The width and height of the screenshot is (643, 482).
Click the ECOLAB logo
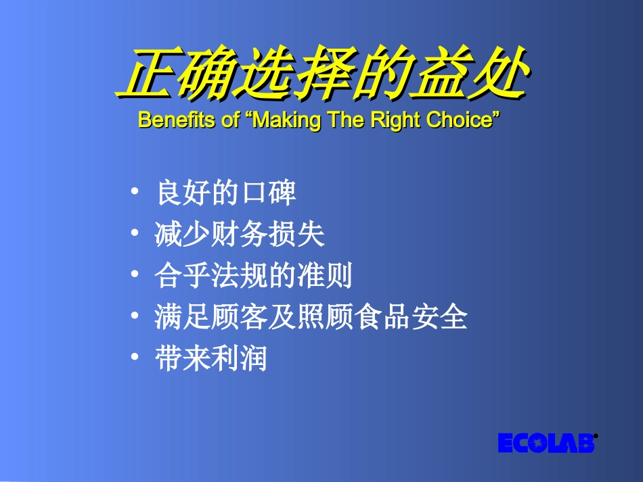pyautogui.click(x=546, y=443)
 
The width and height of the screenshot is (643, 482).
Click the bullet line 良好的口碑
pyautogui.click(x=226, y=194)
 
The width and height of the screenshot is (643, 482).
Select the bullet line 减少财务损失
pyautogui.click(x=240, y=235)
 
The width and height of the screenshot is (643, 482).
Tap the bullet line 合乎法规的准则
pyautogui.click(x=253, y=276)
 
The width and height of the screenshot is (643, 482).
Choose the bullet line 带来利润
pyautogui.click(x=211, y=358)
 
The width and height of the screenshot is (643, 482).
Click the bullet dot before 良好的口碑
pyautogui.click(x=136, y=191)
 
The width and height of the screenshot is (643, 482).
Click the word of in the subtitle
pyautogui.click(x=229, y=120)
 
